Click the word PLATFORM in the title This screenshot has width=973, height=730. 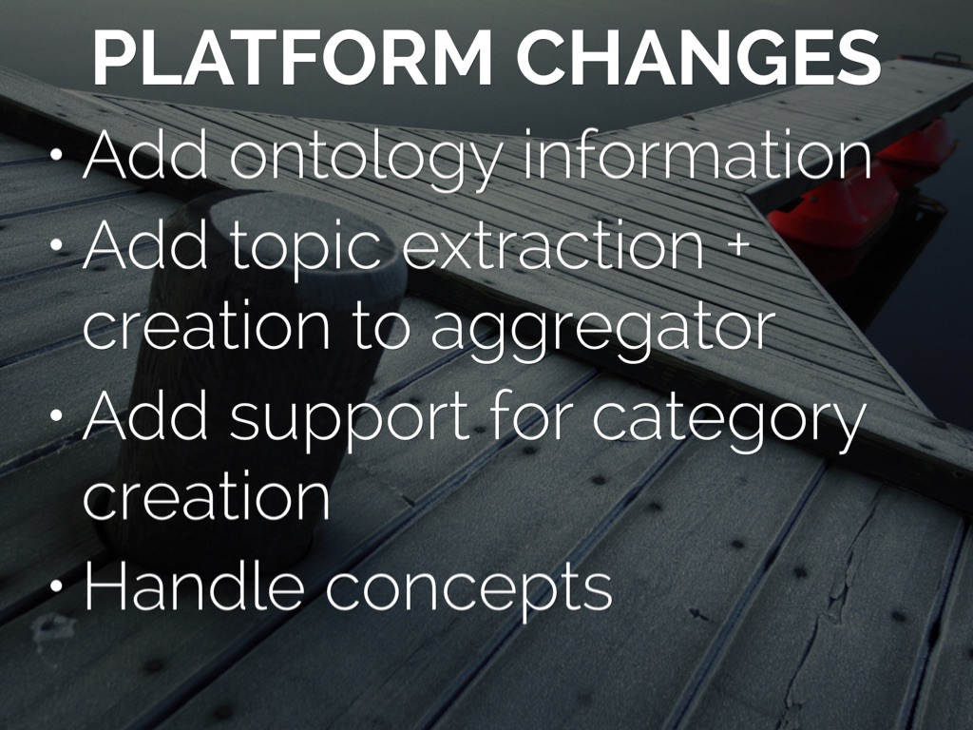click(x=293, y=57)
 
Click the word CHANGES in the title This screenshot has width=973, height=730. click(x=698, y=57)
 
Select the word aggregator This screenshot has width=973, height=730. click(x=601, y=330)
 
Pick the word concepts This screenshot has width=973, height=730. click(x=469, y=589)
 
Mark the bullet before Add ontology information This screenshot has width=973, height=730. click(x=56, y=154)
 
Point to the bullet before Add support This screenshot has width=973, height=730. click(x=56, y=414)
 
